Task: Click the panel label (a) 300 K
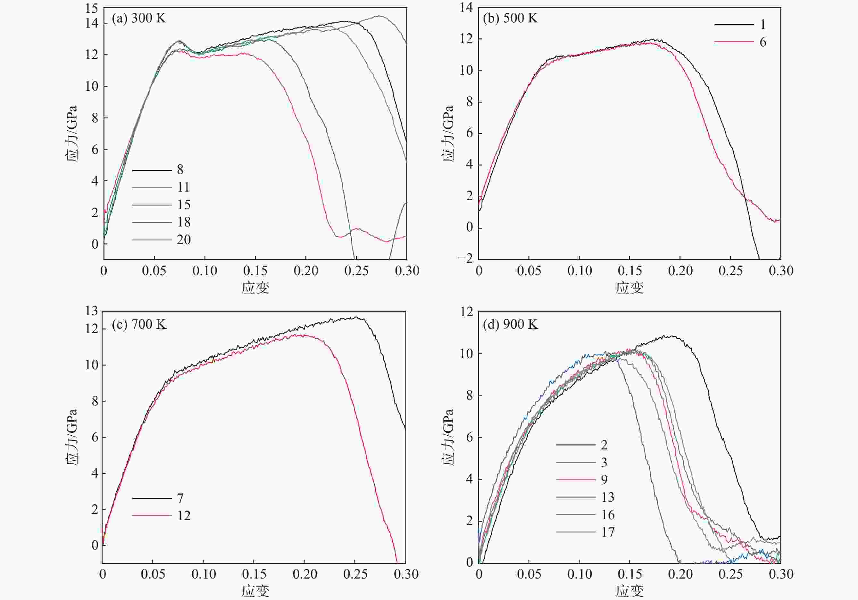click(x=139, y=18)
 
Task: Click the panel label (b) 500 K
click(x=510, y=18)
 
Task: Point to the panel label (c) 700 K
click(x=139, y=324)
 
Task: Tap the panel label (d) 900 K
click(x=510, y=324)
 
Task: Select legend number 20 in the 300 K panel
click(x=183, y=240)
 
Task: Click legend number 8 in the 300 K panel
click(x=180, y=169)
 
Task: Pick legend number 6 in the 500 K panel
click(x=763, y=42)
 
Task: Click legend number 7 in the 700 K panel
click(x=180, y=498)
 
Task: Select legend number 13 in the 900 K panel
click(x=608, y=497)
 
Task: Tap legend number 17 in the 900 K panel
click(x=608, y=532)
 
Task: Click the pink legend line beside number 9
click(x=576, y=479)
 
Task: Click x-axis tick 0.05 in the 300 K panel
click(x=154, y=270)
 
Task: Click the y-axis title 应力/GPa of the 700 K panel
click(x=71, y=437)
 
